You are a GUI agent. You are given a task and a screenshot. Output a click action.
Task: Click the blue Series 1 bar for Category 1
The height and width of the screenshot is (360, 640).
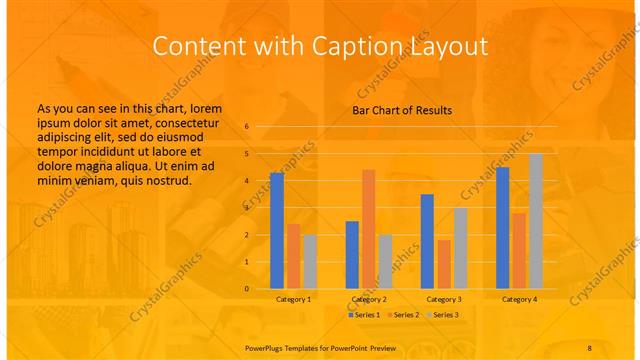(277, 231)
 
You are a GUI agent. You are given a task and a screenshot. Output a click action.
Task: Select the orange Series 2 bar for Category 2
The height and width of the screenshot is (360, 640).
(368, 229)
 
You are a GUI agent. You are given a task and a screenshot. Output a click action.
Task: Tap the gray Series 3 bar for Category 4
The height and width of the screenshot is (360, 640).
(536, 221)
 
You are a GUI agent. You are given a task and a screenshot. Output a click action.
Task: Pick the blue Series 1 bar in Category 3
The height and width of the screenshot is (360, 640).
(427, 241)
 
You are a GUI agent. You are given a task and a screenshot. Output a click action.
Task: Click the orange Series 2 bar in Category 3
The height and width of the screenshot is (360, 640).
(444, 264)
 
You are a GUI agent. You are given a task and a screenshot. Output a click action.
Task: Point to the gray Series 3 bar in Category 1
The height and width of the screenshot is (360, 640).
(310, 262)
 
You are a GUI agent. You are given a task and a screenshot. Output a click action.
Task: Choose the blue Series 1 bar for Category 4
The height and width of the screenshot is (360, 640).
(502, 228)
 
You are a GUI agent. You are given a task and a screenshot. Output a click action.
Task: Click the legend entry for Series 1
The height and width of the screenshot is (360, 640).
(364, 315)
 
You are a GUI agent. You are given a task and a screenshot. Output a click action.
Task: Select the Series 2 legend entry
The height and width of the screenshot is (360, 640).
(402, 315)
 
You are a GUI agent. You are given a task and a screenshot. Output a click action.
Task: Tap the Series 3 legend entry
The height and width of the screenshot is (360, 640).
(443, 315)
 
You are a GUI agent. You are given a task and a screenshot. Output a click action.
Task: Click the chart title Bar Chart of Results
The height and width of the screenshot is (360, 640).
(402, 110)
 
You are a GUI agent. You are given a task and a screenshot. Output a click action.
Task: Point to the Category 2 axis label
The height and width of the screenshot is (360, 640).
(368, 299)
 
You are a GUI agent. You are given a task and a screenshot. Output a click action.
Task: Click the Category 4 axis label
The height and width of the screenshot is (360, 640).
(519, 299)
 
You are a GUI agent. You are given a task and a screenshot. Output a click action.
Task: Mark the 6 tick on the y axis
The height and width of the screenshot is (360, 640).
(247, 127)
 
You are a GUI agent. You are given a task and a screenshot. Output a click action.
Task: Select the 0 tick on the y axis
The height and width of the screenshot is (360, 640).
(247, 289)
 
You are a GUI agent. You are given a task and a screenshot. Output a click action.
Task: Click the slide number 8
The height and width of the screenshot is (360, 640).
(589, 344)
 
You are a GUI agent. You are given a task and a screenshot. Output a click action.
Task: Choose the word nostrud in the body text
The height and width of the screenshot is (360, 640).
(166, 180)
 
